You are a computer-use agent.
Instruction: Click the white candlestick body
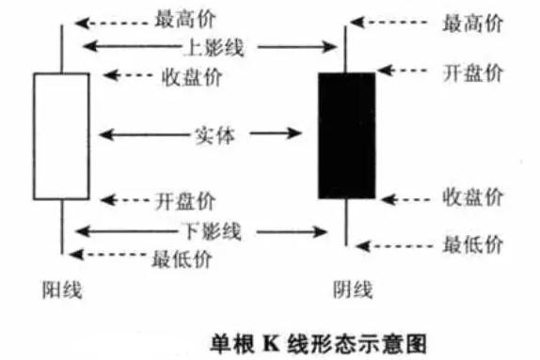pos(61,136)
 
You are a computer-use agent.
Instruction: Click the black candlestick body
pos(346,135)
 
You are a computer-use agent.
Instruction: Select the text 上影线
pos(209,46)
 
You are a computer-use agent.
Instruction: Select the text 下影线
pos(209,229)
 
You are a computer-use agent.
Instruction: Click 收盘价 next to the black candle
pos(472,197)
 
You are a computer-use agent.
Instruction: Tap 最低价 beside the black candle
pos(472,245)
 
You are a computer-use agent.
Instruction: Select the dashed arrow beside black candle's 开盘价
pos(405,72)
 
